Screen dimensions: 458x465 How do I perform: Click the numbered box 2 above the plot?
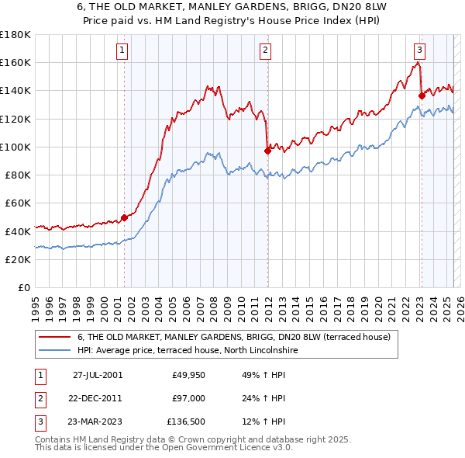click(x=265, y=51)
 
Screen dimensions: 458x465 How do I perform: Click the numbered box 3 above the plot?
click(x=418, y=51)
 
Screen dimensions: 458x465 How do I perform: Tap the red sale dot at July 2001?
click(x=124, y=218)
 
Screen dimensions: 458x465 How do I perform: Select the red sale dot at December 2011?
click(x=267, y=151)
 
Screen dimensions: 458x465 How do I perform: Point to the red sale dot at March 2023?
click(x=421, y=95)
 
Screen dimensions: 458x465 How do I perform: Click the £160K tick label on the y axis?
click(x=15, y=62)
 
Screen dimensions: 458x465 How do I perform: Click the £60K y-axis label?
click(x=17, y=203)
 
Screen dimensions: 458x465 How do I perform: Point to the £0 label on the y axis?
click(x=23, y=287)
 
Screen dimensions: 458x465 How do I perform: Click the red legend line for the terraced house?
click(x=54, y=337)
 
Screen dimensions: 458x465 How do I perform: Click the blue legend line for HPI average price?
click(x=54, y=350)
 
